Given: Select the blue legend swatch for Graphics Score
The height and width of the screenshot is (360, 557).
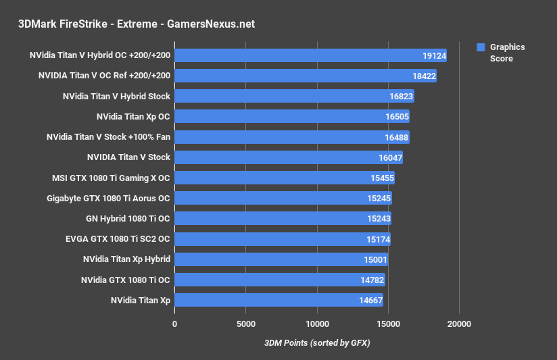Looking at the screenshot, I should point(481,47).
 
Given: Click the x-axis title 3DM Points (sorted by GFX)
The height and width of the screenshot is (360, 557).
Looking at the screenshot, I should point(317,343).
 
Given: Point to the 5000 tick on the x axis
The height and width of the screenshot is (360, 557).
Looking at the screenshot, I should point(245,324).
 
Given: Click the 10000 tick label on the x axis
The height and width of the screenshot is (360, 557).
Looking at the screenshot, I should point(316,324).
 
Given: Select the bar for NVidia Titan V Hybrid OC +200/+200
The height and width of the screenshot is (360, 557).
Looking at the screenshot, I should point(310,55).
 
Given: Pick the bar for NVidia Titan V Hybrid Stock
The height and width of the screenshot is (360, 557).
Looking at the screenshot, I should point(294,97).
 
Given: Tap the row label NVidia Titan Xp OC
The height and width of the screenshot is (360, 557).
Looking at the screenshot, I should point(133,117).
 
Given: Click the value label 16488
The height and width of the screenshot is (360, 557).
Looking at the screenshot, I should point(395,137).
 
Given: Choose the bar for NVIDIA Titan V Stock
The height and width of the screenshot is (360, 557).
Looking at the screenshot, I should point(289,157).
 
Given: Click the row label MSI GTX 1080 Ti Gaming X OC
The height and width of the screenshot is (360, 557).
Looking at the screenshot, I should point(111,178).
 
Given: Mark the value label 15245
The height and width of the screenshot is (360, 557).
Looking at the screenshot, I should point(377,199).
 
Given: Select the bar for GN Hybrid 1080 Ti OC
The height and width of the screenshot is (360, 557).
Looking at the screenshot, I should point(283,219).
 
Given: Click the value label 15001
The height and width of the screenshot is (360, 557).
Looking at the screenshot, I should point(374,259).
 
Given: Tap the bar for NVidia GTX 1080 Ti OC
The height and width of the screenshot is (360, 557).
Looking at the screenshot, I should point(279,280).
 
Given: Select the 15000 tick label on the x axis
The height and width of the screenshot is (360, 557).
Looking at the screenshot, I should point(387,324).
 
